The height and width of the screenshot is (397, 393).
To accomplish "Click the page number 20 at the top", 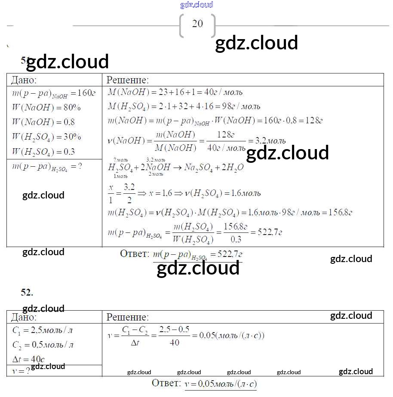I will point(197,24).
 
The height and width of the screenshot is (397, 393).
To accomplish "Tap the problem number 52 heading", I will point(27,292).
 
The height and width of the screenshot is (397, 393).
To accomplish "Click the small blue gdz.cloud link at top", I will point(196,5).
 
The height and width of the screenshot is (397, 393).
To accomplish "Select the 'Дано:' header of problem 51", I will point(24,80).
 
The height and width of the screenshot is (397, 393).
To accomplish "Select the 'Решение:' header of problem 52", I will point(127,318).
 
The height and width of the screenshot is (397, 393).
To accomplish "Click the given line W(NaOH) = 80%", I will point(46,107).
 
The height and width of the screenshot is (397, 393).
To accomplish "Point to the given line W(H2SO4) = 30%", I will point(46,137).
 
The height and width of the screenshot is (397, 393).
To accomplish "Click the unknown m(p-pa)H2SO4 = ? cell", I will point(47,167).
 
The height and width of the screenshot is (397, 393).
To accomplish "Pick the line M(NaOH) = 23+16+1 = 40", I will point(175,92).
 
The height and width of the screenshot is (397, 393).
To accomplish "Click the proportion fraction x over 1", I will point(112,193).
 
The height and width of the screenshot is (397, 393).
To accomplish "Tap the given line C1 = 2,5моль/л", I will point(42,331).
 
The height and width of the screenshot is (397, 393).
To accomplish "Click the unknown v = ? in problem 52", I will point(21,370).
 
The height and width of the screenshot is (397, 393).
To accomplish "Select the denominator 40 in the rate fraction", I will point(175,343).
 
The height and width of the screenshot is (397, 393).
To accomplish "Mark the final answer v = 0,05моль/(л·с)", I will point(220,384).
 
